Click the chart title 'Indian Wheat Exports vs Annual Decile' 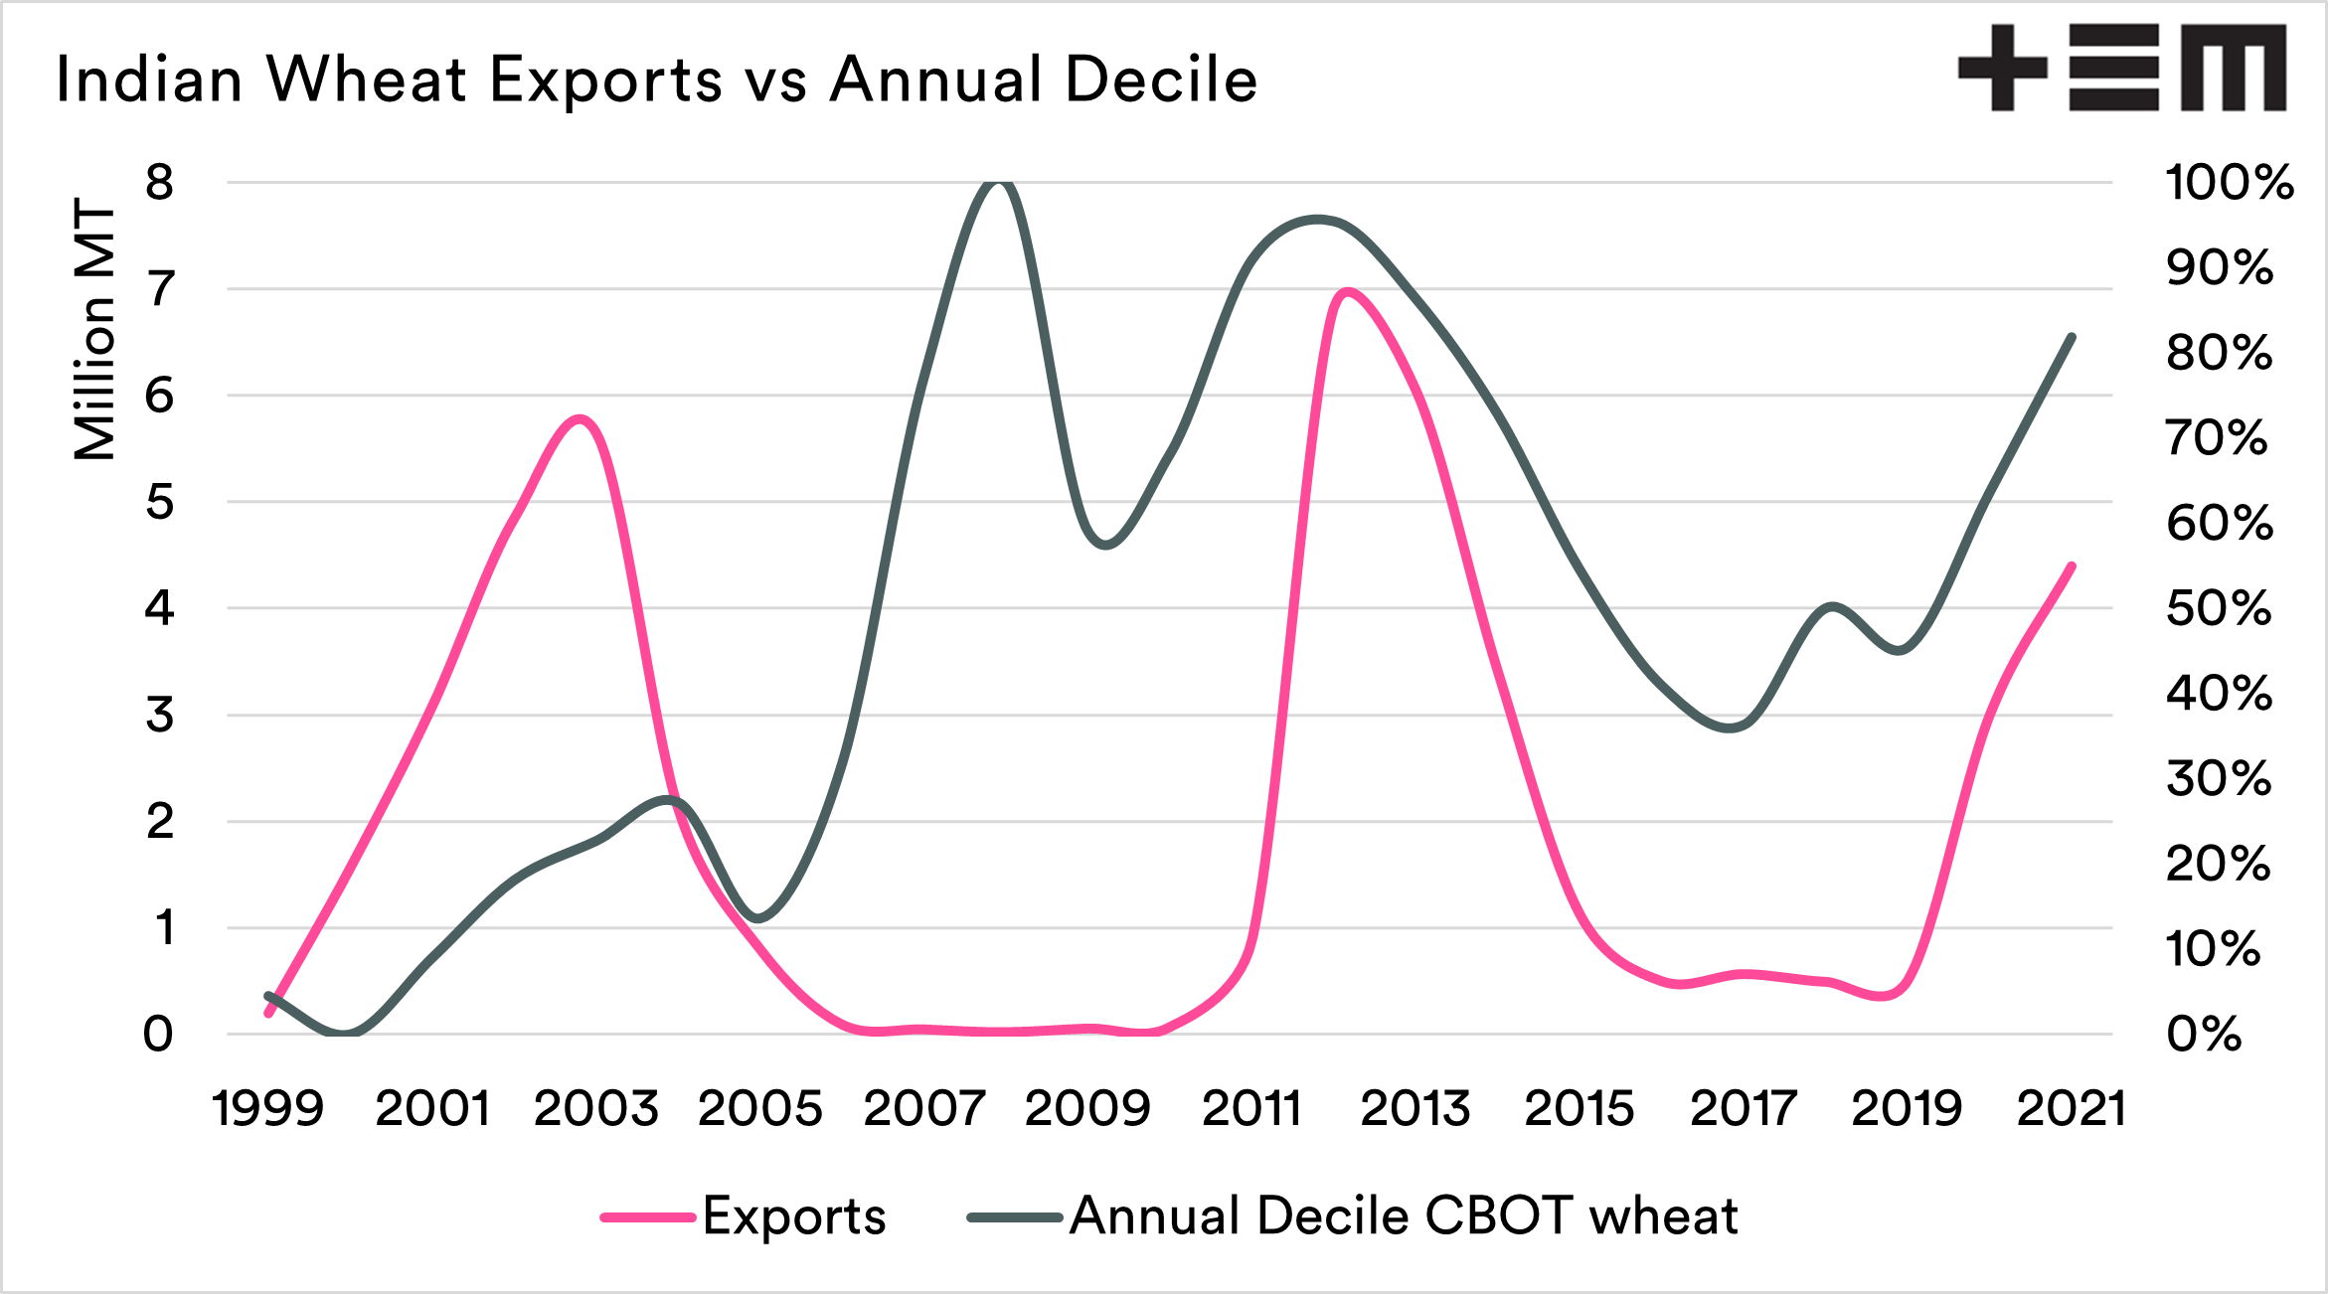click(x=656, y=80)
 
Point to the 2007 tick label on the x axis click(x=923, y=1108)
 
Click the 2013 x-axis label click(x=1414, y=1108)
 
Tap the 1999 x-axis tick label click(x=268, y=1108)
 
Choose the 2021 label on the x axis click(x=2071, y=1108)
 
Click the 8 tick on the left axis click(x=159, y=183)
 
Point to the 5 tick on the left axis click(x=159, y=502)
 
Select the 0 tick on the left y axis click(x=159, y=1035)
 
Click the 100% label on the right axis click(x=2229, y=183)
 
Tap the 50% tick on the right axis click(x=2219, y=608)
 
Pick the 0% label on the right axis click(x=2204, y=1035)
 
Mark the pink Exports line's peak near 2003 click(x=582, y=418)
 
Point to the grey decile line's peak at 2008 click(x=999, y=182)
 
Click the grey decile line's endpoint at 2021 click(x=2072, y=337)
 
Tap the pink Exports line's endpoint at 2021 click(x=2072, y=566)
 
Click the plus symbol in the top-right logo click(x=2002, y=68)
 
